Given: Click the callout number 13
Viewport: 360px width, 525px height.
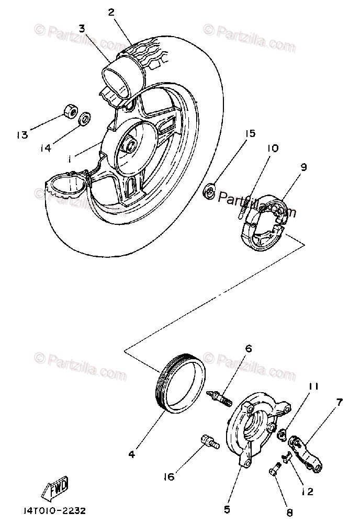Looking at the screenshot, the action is tap(21, 135).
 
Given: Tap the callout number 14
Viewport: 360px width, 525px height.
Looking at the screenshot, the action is tap(46, 148).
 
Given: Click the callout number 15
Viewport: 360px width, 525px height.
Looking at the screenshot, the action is tap(250, 134).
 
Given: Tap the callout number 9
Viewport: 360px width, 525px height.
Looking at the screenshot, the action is tap(303, 168).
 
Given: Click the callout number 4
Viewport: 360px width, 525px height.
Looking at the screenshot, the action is tap(131, 454).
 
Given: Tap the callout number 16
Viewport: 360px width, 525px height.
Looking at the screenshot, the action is tap(168, 477).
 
